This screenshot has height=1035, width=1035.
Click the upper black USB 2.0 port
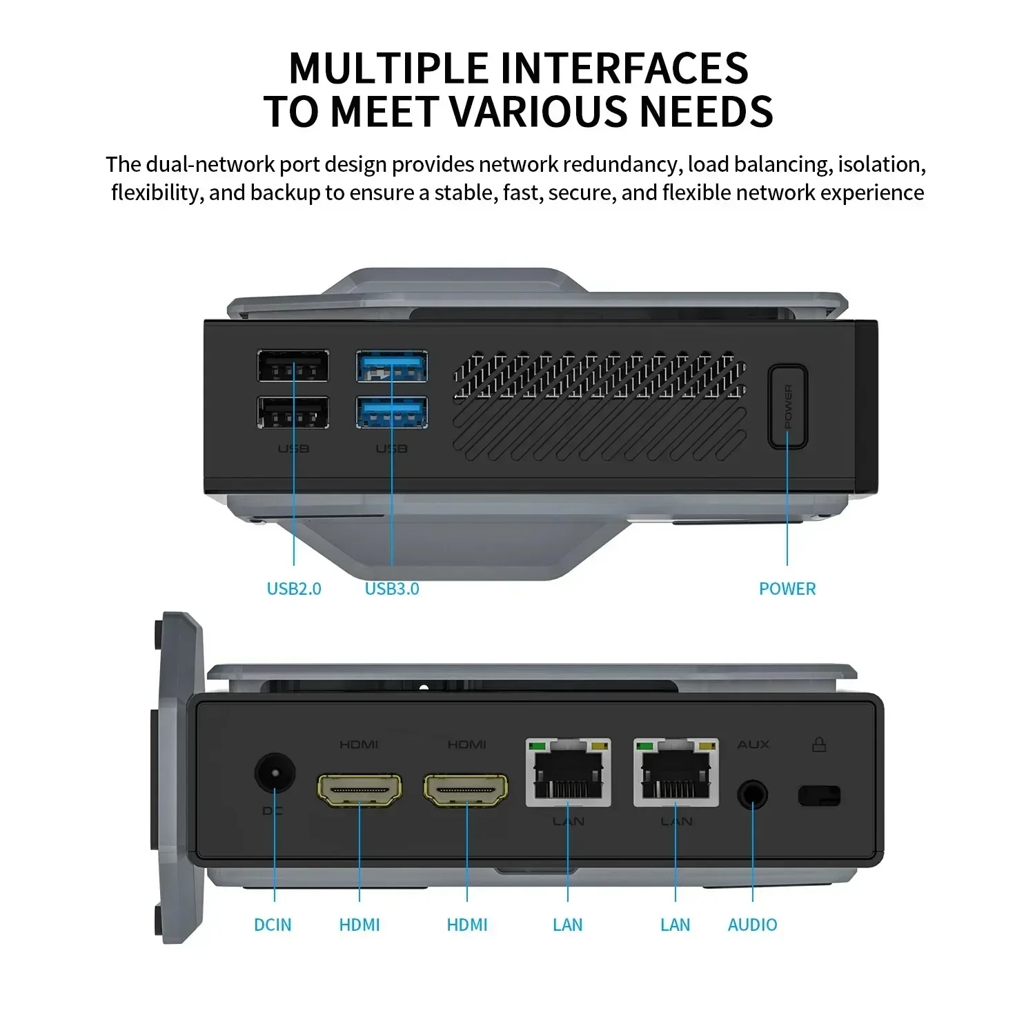(293, 366)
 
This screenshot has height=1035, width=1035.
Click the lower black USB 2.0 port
(293, 413)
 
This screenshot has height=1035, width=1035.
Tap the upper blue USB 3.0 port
(391, 366)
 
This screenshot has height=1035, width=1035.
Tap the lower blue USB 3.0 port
(391, 413)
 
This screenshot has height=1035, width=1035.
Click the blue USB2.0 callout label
(294, 589)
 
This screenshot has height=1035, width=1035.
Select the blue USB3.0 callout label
(392, 589)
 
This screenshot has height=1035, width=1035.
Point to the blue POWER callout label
(787, 589)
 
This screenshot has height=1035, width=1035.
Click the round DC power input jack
(275, 772)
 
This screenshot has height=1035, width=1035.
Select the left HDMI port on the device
(359, 790)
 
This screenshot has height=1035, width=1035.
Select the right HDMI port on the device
(466, 790)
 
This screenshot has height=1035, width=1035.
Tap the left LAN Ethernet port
(568, 772)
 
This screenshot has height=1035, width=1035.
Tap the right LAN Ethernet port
(676, 772)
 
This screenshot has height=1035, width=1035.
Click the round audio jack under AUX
(752, 795)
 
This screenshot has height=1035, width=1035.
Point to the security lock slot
(819, 796)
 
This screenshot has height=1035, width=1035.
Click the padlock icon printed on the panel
(819, 744)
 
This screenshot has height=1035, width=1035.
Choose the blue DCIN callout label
(273, 925)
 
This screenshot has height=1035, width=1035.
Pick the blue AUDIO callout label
(752, 925)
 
